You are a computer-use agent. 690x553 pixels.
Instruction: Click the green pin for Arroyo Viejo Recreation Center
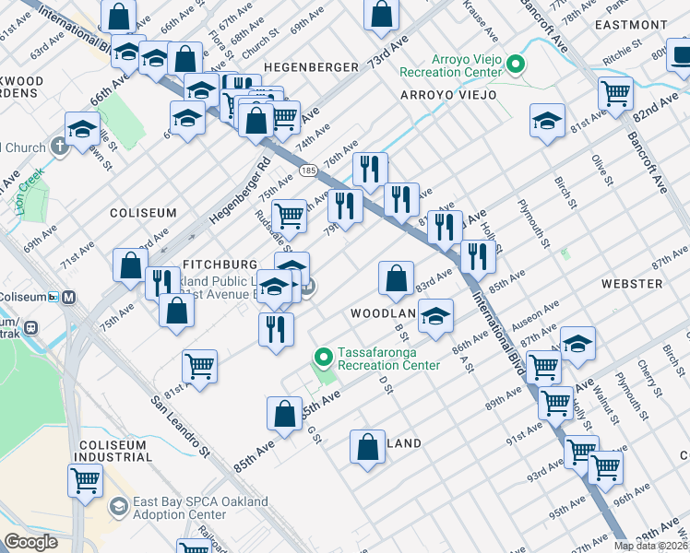(x=516, y=65)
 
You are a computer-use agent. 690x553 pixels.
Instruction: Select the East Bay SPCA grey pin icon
(x=118, y=507)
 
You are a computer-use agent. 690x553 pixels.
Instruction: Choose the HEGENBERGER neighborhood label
(x=311, y=67)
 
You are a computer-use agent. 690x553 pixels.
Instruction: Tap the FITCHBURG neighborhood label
(x=219, y=263)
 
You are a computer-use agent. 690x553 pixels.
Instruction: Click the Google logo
(x=31, y=541)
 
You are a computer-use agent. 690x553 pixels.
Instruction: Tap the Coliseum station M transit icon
(x=70, y=297)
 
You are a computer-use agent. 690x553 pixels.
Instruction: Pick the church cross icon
(x=61, y=146)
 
